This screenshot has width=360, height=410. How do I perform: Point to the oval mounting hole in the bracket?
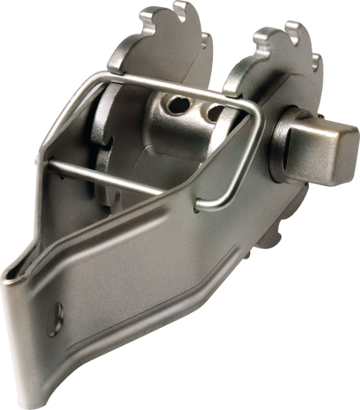[57, 309]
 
